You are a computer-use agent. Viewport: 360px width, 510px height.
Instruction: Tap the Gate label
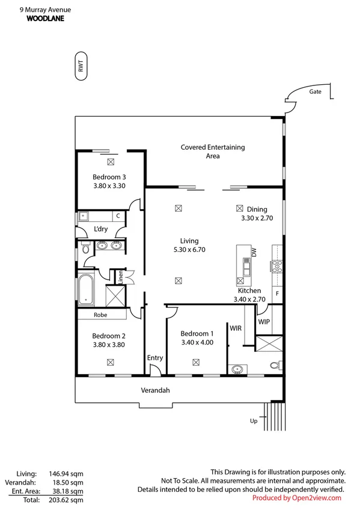point(316,92)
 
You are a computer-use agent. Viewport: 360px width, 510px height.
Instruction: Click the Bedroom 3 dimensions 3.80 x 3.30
point(109,186)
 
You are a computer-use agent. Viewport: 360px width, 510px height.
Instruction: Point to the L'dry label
point(100,229)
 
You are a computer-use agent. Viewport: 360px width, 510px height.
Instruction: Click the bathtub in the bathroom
point(86,290)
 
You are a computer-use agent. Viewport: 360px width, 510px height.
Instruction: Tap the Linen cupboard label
point(121,277)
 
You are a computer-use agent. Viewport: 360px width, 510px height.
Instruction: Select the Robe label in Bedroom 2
point(100,315)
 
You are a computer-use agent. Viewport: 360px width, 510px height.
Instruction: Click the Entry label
point(155,358)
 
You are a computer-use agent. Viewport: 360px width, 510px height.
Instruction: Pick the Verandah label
point(155,390)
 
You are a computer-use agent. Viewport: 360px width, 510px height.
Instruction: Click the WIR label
point(236,328)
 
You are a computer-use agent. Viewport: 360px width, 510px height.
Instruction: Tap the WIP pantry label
point(264,322)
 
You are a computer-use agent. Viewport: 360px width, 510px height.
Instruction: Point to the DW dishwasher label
point(254,254)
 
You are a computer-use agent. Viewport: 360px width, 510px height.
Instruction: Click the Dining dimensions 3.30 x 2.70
point(257,219)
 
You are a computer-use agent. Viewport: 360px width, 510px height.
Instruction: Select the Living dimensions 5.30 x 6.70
point(189,250)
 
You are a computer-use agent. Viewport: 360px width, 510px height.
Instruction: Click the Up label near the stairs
point(254,421)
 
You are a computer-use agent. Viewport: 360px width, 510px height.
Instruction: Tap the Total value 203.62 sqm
point(66,499)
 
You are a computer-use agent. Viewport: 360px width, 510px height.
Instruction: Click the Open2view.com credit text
point(296,498)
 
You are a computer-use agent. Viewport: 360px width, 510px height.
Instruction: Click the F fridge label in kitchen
point(276,293)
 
